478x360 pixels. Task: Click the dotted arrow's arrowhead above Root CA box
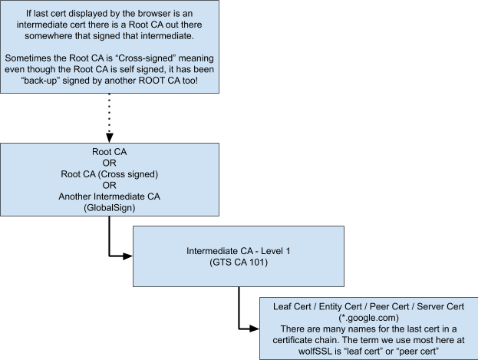(110, 137)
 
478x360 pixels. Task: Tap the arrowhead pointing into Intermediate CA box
(127, 256)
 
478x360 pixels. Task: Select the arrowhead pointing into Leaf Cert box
(254, 329)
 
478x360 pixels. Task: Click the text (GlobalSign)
(110, 208)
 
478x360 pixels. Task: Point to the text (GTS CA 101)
(239, 263)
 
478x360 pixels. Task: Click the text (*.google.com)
(368, 318)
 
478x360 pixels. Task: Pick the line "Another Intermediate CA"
(110, 197)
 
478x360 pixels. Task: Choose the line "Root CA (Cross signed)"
(110, 174)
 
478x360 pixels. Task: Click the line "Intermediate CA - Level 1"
(239, 251)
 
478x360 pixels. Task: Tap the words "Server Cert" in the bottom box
(440, 306)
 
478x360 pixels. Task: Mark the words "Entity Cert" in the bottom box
(340, 306)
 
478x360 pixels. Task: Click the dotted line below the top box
(110, 113)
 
